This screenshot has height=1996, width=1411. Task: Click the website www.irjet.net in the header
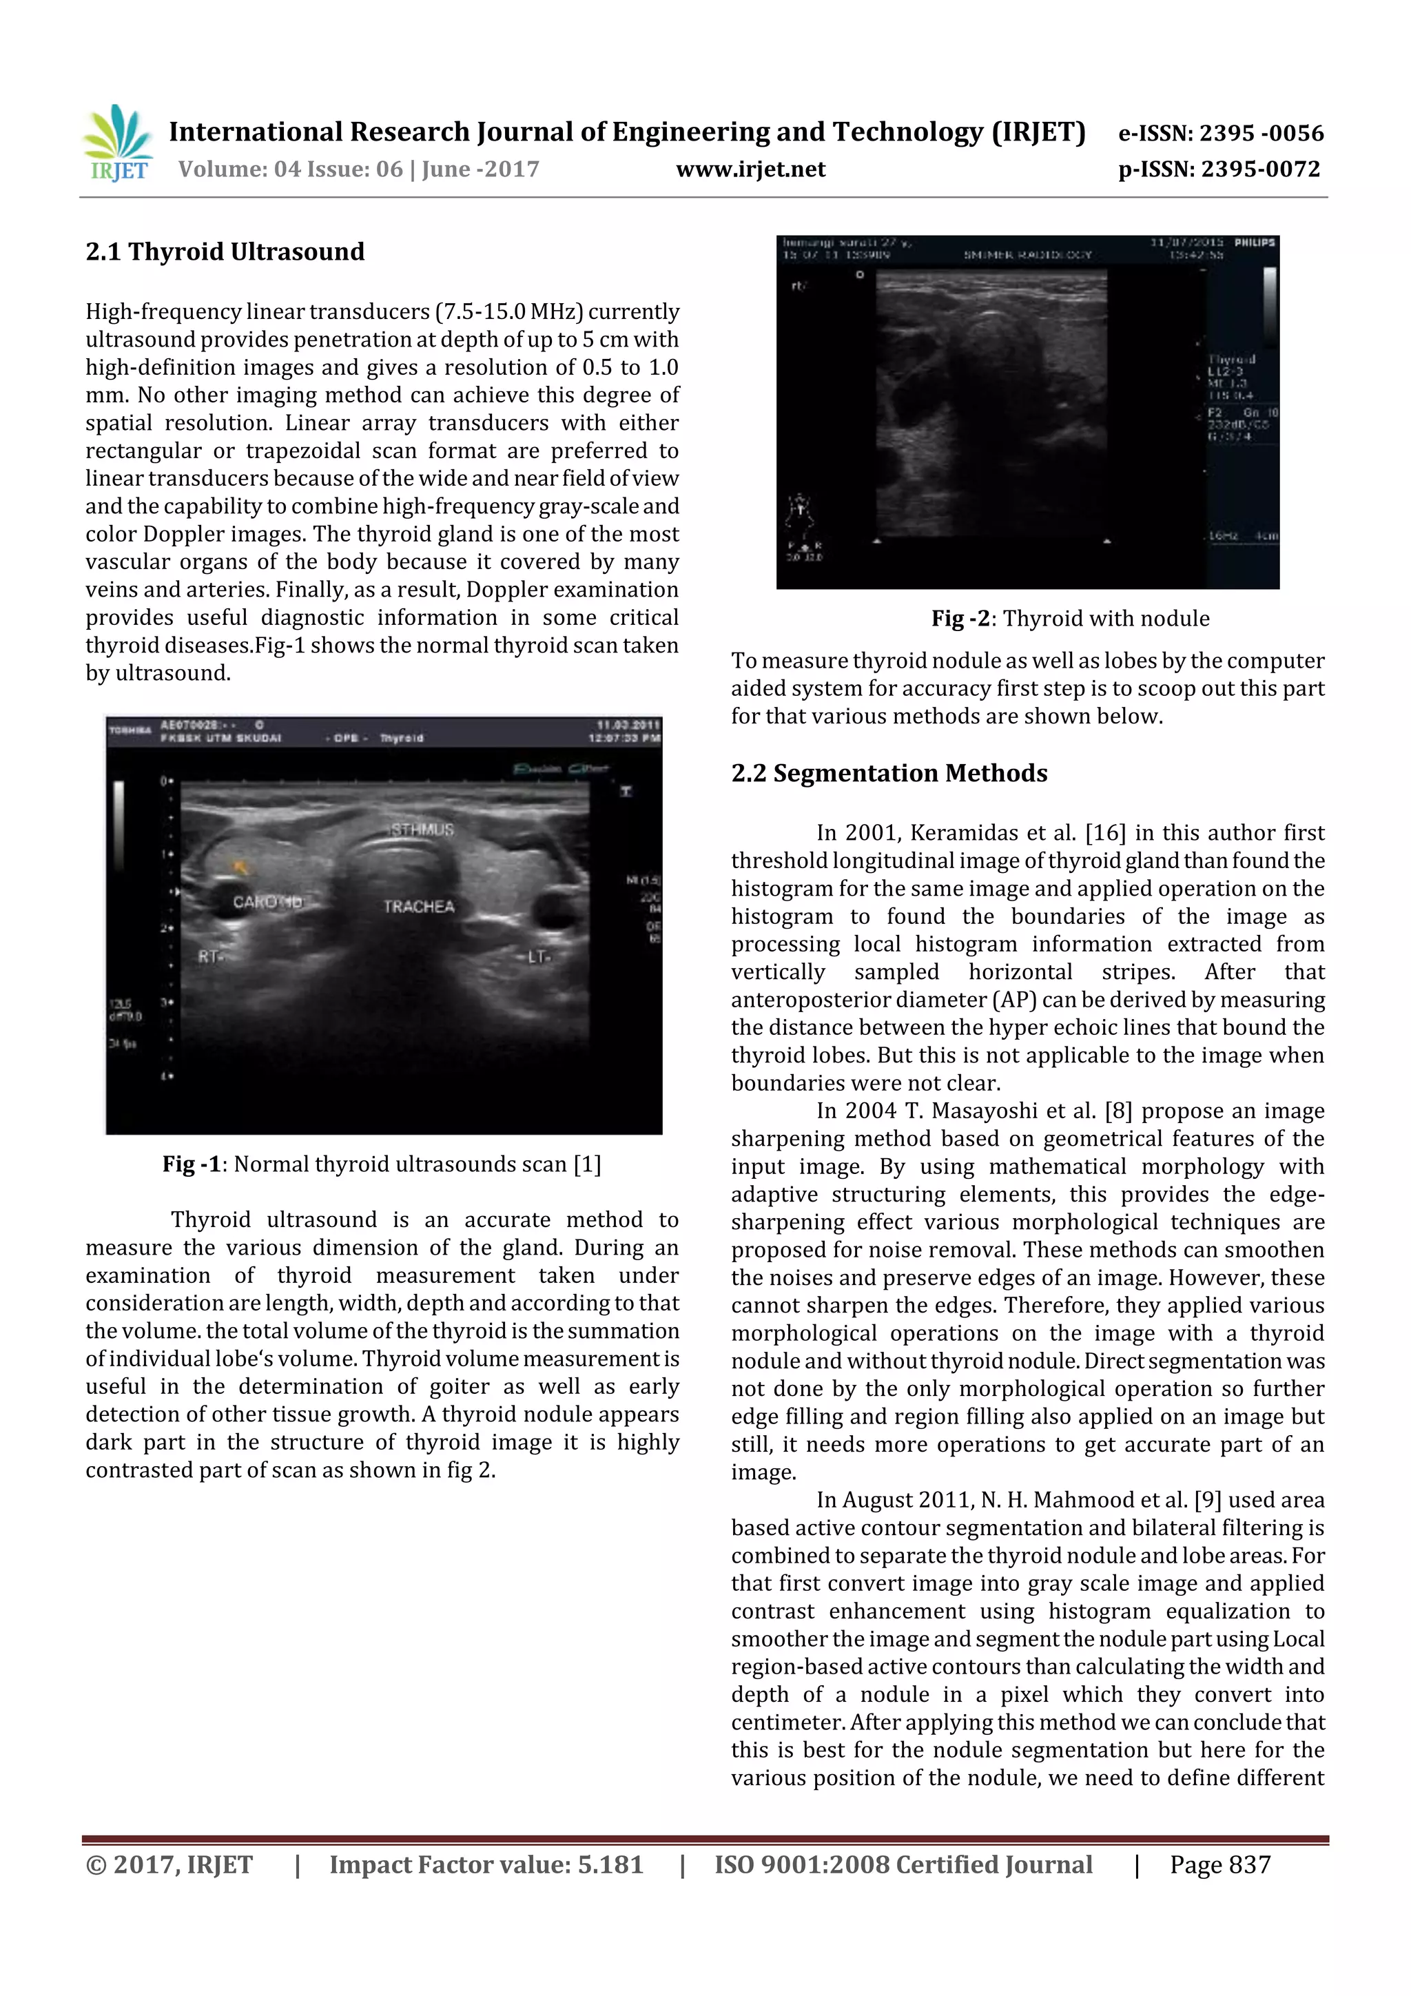click(x=750, y=169)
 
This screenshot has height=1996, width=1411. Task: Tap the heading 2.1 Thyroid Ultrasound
click(x=225, y=252)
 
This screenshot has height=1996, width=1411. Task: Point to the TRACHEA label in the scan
click(x=419, y=907)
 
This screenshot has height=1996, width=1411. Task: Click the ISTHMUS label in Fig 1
click(x=422, y=830)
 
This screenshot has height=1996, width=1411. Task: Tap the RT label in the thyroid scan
click(x=209, y=956)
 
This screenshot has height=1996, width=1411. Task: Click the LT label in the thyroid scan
click(x=537, y=956)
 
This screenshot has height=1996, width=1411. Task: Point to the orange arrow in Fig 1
click(x=241, y=866)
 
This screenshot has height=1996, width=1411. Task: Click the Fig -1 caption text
click(x=381, y=1164)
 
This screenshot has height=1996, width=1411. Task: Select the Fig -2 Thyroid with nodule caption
click(x=1069, y=618)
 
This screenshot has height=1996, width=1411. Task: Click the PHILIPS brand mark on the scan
click(x=1255, y=243)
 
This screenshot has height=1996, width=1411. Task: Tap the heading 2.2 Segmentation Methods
click(x=889, y=773)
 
